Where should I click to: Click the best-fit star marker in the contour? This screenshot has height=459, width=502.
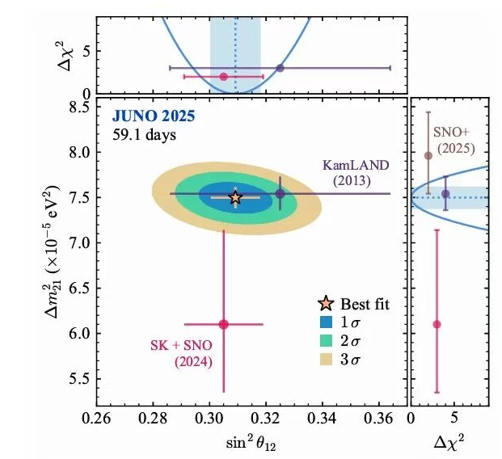pos(235,196)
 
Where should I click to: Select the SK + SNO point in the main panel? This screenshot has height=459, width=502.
pos(224,324)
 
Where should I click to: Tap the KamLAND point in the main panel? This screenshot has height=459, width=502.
pos(280,193)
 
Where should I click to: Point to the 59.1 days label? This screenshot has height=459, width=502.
pos(144,134)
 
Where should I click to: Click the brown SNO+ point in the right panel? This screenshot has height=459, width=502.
pos(428,155)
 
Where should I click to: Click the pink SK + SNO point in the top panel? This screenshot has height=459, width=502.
pos(224,76)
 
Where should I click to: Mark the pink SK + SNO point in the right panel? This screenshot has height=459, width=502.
pos(437,324)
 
